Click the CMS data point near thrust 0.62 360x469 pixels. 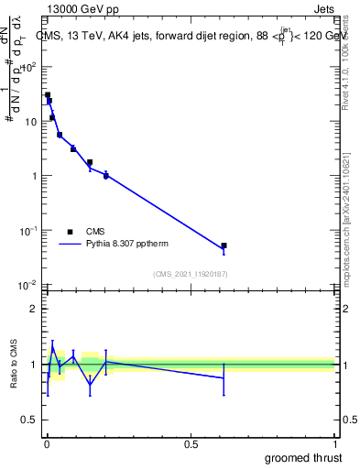click(224, 245)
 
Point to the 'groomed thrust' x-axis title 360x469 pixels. click(304, 457)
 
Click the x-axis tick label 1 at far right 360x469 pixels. click(333, 444)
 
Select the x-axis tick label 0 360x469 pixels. click(47, 444)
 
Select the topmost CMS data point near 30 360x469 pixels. click(48, 94)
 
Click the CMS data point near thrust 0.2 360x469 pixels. click(106, 175)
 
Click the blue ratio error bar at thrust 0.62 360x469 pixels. click(224, 377)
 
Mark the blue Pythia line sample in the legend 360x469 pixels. click(70, 245)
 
